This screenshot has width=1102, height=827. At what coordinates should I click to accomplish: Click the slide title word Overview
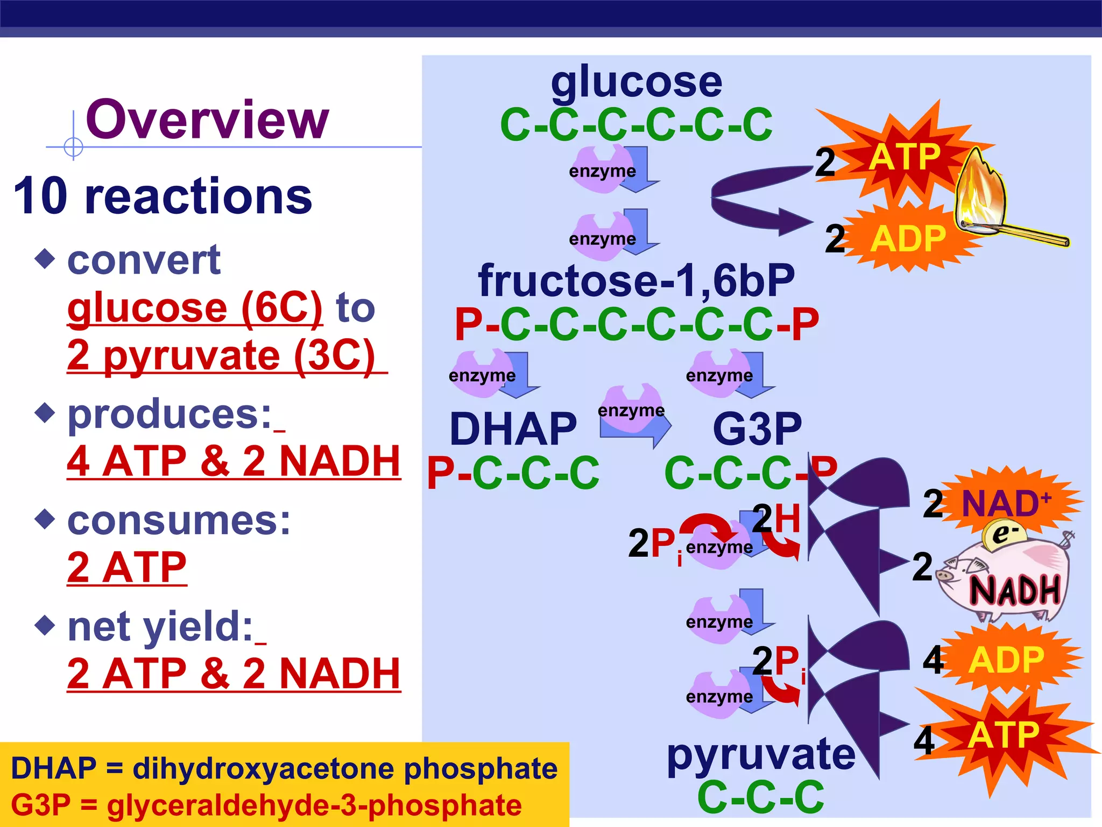(207, 120)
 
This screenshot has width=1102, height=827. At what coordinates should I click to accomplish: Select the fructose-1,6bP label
(637, 281)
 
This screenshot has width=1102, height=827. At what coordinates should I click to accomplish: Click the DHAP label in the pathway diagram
(513, 429)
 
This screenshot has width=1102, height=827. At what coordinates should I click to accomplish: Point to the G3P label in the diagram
(757, 429)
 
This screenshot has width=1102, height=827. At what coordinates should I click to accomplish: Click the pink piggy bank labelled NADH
(1006, 581)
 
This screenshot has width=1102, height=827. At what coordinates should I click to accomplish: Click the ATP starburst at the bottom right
(1004, 735)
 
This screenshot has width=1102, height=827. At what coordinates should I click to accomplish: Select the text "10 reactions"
(163, 196)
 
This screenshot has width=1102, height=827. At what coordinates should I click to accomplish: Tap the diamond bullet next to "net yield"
(45, 625)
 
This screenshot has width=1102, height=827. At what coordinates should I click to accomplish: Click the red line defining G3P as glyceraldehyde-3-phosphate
(266, 805)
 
